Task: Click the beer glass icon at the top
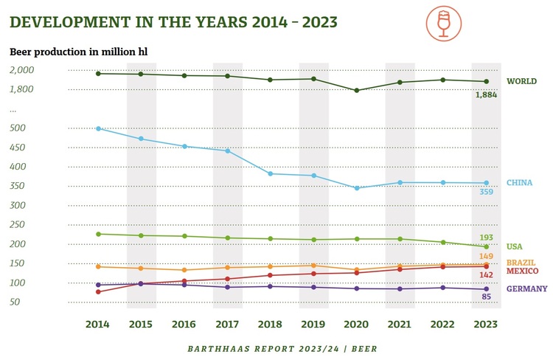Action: [443, 24]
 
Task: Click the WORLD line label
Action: [521, 81]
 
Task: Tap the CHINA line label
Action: [519, 183]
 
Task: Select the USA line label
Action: [515, 246]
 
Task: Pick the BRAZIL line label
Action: [521, 263]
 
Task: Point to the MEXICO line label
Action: [522, 271]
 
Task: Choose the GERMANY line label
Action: [526, 288]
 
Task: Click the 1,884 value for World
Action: [487, 95]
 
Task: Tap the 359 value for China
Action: [487, 193]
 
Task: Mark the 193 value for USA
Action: [487, 238]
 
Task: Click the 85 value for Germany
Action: [487, 297]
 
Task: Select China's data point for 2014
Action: [98, 128]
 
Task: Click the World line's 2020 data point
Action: [357, 91]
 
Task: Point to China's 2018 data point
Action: [271, 174]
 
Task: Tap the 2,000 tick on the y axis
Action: [22, 70]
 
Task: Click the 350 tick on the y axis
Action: [18, 205]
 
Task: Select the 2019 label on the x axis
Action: [313, 324]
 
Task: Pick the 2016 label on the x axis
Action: [184, 324]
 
